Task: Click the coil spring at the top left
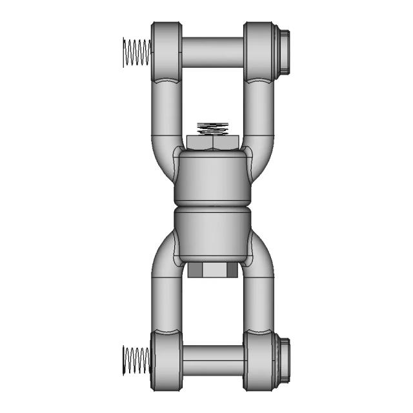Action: coord(136,52)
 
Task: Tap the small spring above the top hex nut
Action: coord(214,128)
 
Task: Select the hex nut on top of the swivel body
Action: coord(214,143)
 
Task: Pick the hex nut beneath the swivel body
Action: coord(210,270)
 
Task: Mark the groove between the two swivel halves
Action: coord(211,208)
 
